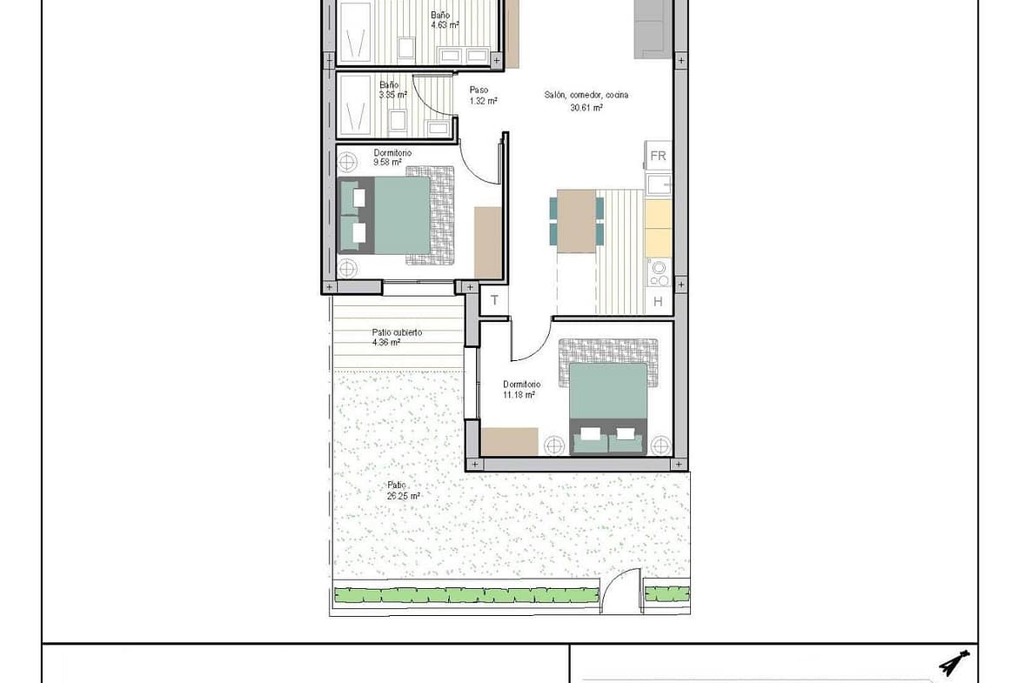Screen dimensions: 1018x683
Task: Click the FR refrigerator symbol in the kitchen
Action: click(658, 156)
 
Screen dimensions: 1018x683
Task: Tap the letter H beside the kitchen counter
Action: click(658, 301)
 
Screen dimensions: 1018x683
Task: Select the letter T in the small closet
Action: click(495, 300)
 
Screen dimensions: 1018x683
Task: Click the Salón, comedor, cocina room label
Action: click(586, 95)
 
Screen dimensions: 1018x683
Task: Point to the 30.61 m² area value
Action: click(586, 107)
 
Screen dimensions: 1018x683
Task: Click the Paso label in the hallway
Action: click(479, 90)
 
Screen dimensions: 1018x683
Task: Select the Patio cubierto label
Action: click(397, 332)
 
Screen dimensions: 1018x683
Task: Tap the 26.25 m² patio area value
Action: click(403, 495)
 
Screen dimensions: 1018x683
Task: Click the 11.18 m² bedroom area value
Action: click(519, 394)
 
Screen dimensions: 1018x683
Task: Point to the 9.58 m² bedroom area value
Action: click(387, 163)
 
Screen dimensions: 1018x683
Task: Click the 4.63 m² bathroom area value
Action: click(445, 25)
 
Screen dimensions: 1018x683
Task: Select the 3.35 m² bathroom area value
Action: click(392, 95)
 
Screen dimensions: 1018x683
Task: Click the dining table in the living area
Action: click(577, 221)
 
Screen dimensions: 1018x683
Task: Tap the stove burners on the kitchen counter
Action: click(660, 272)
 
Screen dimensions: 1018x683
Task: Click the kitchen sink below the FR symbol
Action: click(659, 184)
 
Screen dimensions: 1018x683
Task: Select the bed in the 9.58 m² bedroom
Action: click(384, 215)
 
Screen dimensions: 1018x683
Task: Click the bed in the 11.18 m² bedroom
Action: click(608, 408)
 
